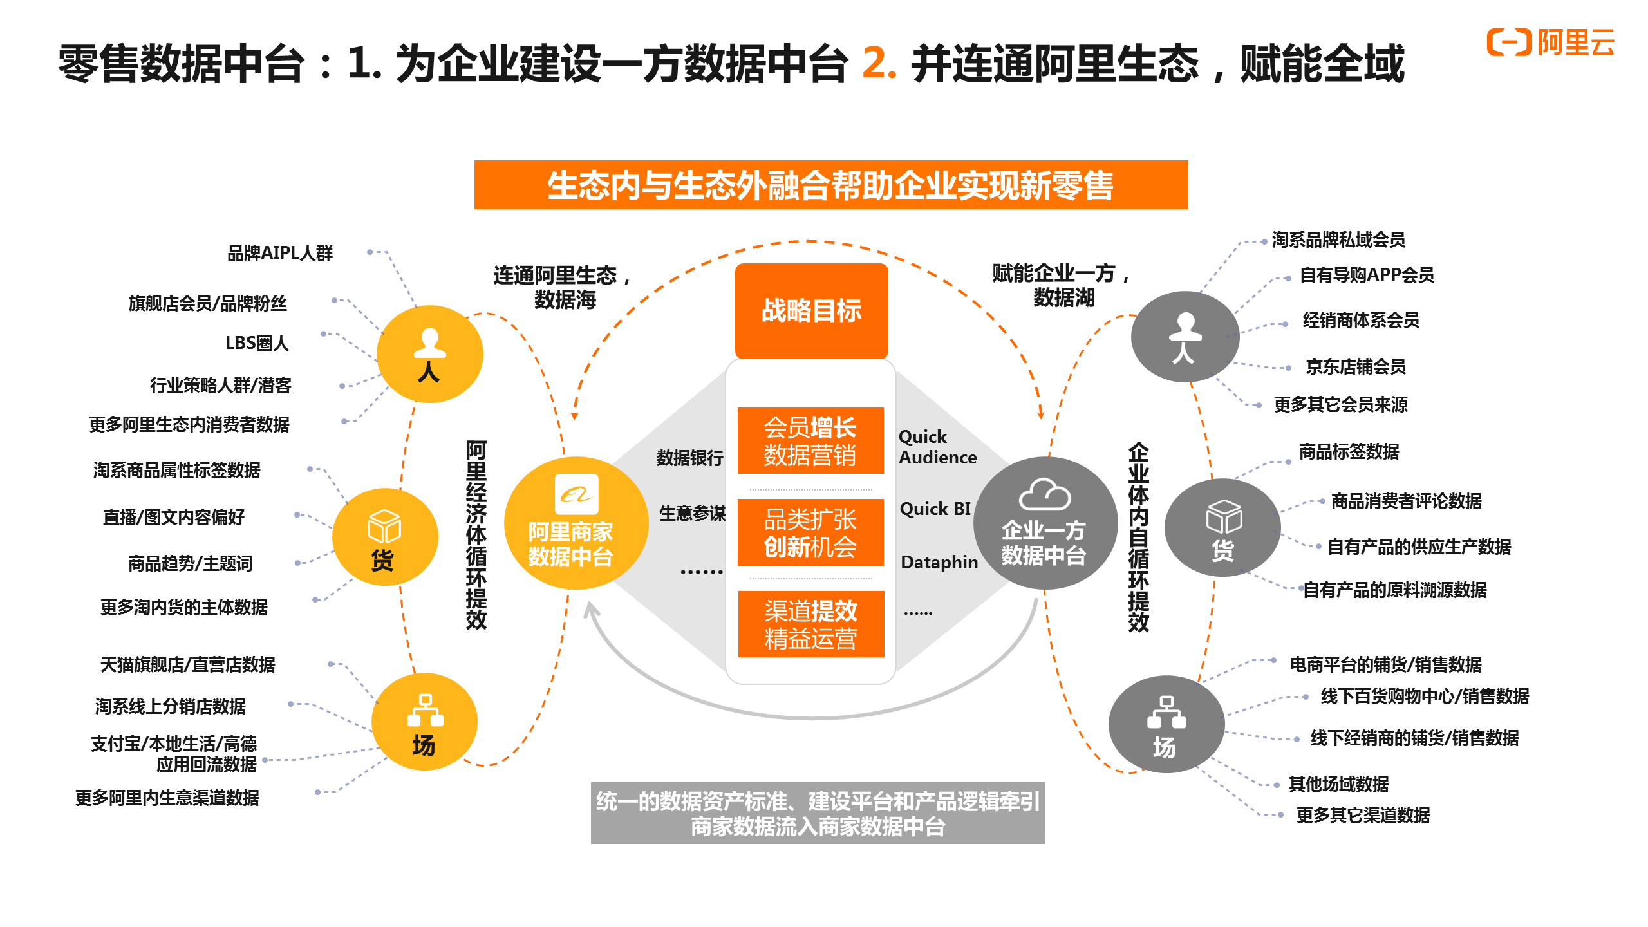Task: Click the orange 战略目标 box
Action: tap(811, 311)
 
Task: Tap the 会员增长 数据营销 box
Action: tap(810, 441)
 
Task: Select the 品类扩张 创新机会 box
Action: tap(810, 533)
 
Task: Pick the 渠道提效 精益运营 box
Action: tap(811, 624)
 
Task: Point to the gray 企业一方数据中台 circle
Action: tap(1044, 523)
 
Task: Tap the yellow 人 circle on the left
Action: tap(429, 354)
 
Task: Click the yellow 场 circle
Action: tap(424, 722)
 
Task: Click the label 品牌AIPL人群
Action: tap(280, 253)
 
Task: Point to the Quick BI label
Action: tap(935, 509)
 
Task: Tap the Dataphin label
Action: tap(939, 563)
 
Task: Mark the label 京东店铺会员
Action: tap(1355, 366)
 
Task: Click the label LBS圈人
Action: tap(257, 343)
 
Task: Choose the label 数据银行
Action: tap(689, 458)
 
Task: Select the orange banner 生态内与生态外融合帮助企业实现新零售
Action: tap(830, 185)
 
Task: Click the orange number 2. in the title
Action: tap(879, 64)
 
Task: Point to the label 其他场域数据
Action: tap(1338, 784)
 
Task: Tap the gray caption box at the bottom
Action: tap(818, 813)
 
